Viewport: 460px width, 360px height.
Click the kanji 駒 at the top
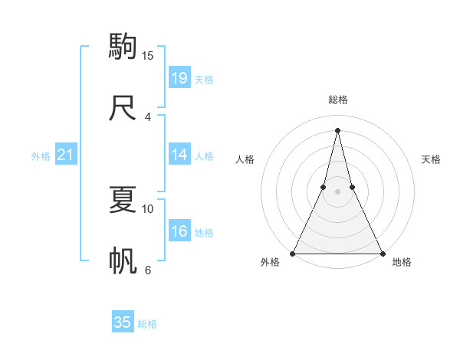coord(123,47)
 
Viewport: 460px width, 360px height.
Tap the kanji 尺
coord(123,107)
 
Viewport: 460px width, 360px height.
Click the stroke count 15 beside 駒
coord(148,56)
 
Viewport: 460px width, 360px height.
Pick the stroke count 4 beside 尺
coord(148,116)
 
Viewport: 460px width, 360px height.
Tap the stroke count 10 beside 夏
coord(148,208)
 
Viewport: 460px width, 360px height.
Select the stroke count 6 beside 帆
coord(148,270)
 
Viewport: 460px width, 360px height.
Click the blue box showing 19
coord(179,78)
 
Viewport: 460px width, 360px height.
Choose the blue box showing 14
coord(179,155)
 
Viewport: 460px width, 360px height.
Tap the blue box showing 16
coord(179,231)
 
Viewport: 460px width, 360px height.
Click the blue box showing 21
coord(66,155)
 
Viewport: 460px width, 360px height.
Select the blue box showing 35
coord(123,322)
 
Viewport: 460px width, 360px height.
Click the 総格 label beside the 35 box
coord(147,324)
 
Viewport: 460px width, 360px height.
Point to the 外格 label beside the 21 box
coord(41,156)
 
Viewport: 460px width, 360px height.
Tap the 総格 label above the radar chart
coord(337,100)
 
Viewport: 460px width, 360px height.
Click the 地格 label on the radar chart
coord(402,262)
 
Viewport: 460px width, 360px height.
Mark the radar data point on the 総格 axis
coord(337,129)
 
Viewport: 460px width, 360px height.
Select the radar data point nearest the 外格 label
coord(294,253)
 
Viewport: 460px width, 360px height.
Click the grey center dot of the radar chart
coord(337,192)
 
